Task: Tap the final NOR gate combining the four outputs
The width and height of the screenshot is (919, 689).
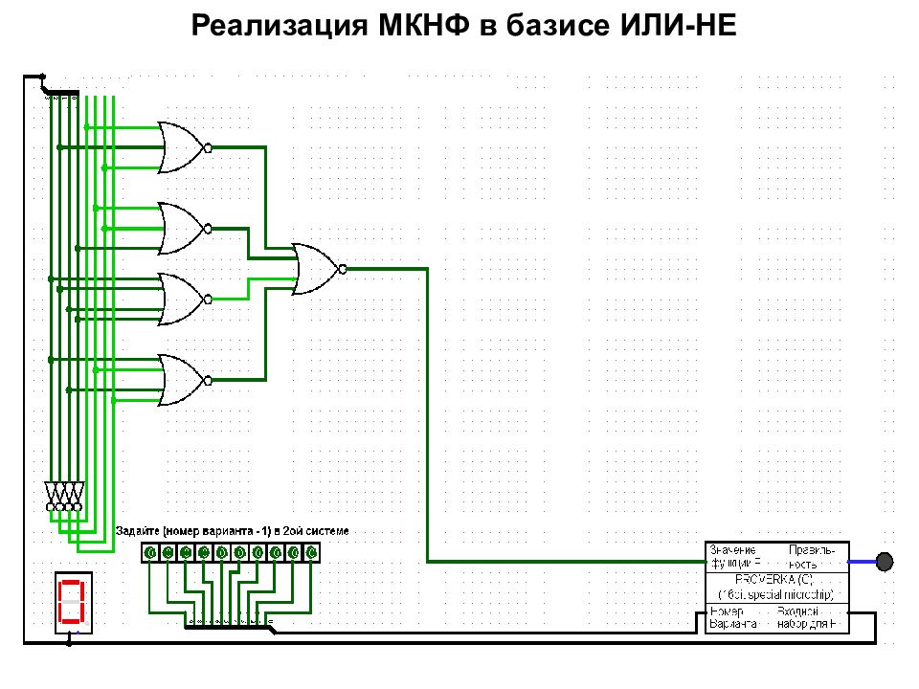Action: click(x=315, y=269)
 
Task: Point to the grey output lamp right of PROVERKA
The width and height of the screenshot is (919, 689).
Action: click(x=884, y=561)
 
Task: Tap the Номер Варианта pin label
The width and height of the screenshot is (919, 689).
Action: click(x=732, y=617)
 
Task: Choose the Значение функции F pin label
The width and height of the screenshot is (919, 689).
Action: click(x=734, y=556)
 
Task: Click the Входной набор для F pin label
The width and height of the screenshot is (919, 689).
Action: click(x=811, y=617)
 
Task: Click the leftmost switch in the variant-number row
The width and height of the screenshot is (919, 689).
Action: click(x=149, y=552)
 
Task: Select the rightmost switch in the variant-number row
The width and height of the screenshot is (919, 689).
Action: click(x=311, y=552)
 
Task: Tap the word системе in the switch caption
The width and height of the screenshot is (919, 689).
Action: click(x=329, y=531)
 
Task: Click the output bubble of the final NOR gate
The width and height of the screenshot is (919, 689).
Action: click(x=343, y=269)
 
